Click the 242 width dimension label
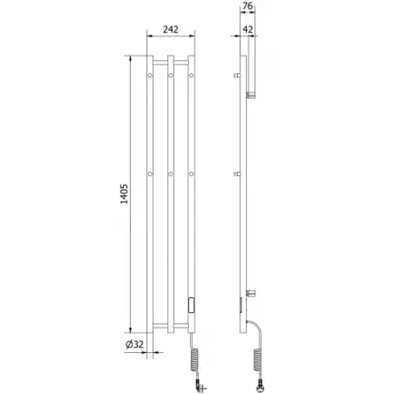170,29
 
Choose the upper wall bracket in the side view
238,75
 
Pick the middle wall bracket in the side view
238,173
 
